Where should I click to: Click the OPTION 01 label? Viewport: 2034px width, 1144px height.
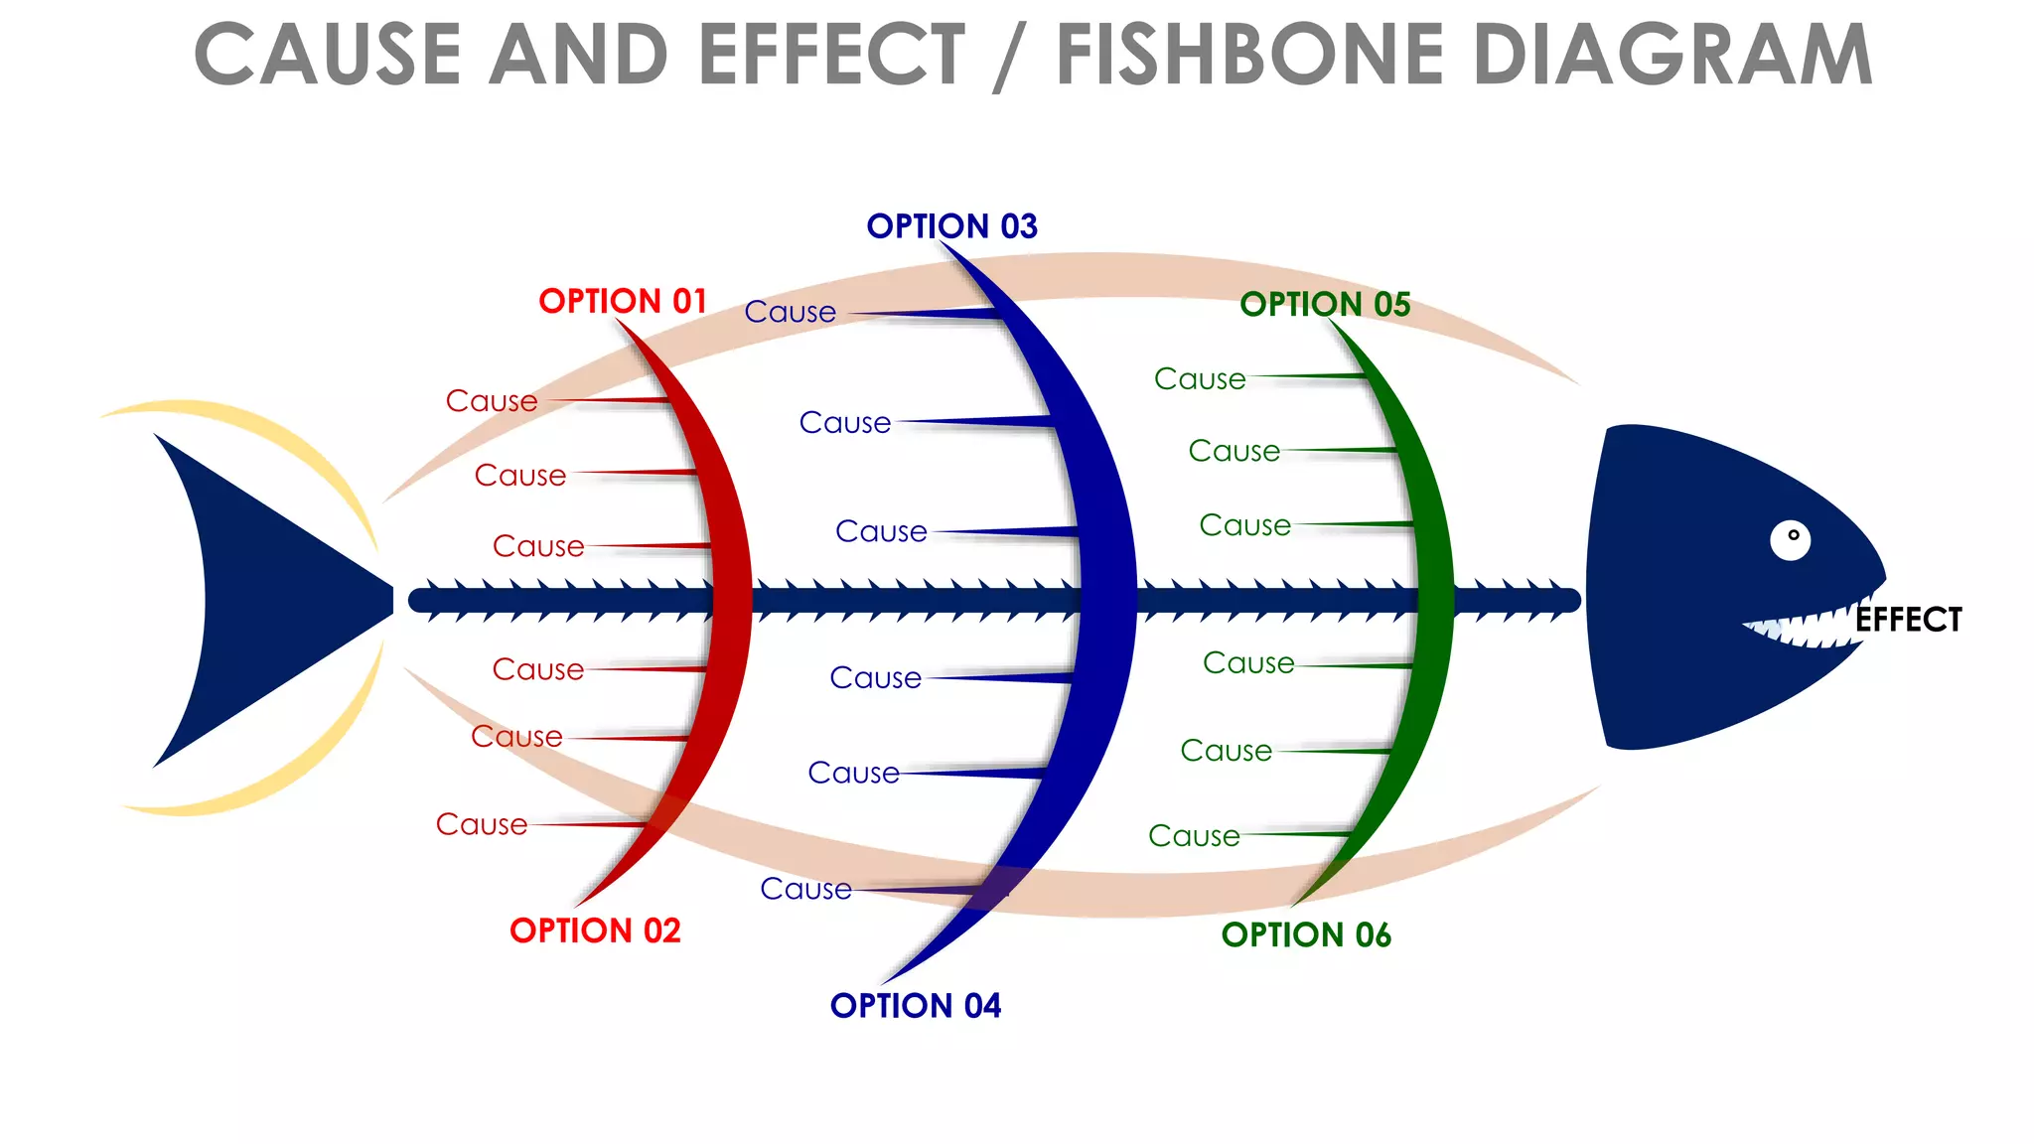622,301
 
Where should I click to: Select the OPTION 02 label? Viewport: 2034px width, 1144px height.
595,930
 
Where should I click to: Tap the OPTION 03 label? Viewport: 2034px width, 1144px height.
951,226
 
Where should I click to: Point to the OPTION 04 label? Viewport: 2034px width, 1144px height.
915,1006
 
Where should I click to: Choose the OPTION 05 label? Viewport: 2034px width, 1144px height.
1325,305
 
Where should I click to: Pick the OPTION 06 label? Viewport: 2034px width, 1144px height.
1306,934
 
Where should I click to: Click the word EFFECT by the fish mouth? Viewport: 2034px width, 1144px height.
1908,620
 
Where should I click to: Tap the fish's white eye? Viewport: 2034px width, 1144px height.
1790,540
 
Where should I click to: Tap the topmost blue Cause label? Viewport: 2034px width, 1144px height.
791,312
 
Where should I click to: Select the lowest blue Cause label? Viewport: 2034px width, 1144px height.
805,889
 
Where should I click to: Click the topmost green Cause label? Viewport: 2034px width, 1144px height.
1200,379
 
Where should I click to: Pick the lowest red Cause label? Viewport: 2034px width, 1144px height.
482,824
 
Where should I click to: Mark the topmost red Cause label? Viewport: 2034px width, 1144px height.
492,401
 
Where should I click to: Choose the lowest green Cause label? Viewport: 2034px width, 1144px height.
1194,836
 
